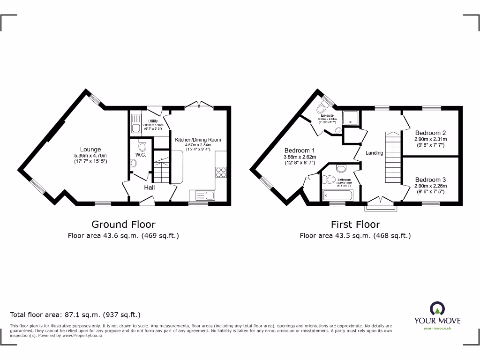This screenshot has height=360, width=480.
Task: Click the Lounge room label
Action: coord(90,150)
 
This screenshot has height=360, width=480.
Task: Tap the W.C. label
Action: coord(141,155)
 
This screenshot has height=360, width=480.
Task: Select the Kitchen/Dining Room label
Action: coord(198,140)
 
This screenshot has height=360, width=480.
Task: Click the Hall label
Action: coord(150,187)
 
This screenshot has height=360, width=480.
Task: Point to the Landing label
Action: coord(375,153)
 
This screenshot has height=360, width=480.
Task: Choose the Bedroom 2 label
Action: coord(430,133)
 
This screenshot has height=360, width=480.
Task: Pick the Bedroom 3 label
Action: coord(430,180)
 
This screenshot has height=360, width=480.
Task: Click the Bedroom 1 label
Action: coord(300,150)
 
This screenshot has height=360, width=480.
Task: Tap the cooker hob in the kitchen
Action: coord(221,172)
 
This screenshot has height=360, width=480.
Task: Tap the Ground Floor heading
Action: coord(123,225)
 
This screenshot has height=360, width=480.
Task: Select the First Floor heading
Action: coord(355,225)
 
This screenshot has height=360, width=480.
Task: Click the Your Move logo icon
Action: coord(437,308)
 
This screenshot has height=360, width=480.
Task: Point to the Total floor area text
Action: coord(75,315)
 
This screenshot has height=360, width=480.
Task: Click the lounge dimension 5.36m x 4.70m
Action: coord(90,156)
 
